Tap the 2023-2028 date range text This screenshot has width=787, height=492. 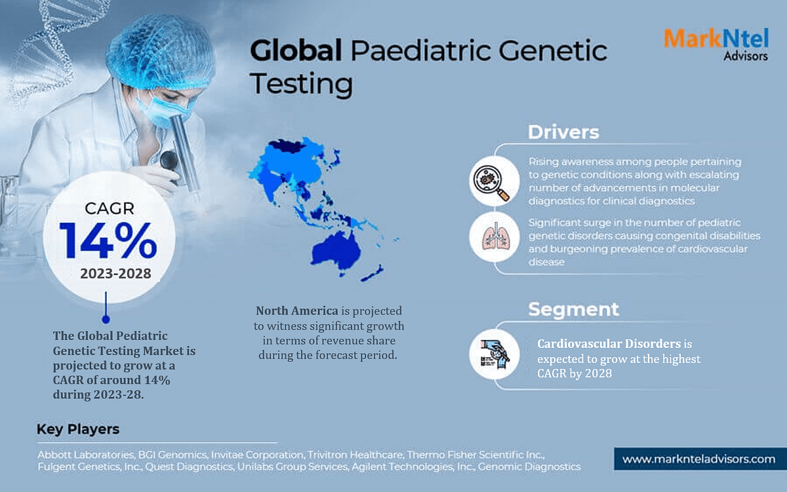click(x=115, y=274)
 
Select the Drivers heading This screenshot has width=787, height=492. click(x=563, y=132)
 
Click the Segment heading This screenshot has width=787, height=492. click(x=573, y=309)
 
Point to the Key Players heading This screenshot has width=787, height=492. click(x=78, y=430)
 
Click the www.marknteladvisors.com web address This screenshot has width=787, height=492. click(x=698, y=459)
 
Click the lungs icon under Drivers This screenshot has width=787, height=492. click(x=491, y=237)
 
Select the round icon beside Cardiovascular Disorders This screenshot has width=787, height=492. click(x=491, y=354)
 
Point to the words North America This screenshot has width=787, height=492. click(x=296, y=311)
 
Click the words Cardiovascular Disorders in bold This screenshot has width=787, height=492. click(x=609, y=344)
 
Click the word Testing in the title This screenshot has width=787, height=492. click(x=302, y=85)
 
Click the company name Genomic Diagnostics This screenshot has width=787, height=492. click(x=529, y=467)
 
